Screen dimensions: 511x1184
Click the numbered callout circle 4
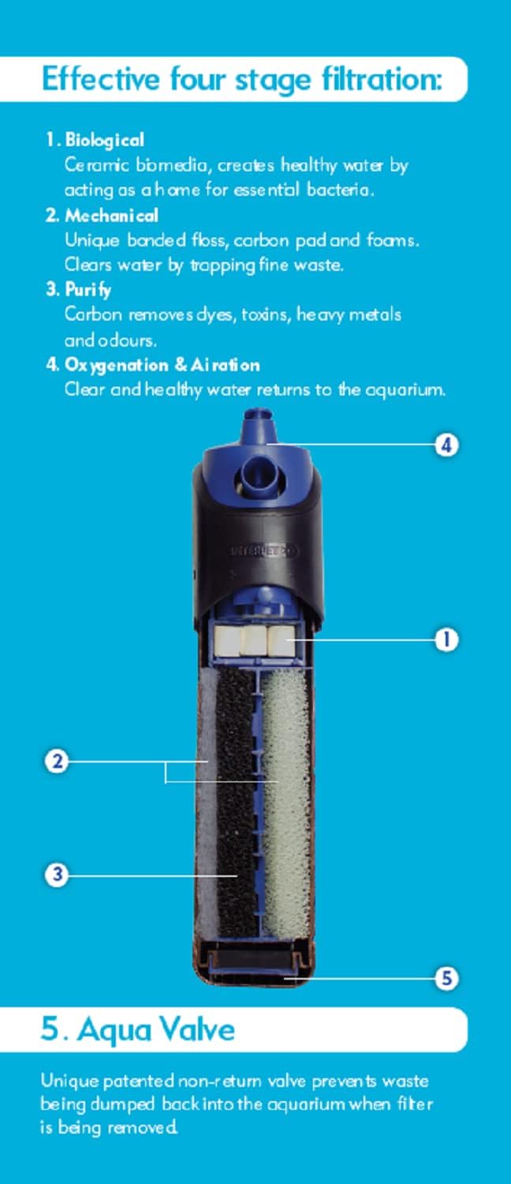click(446, 445)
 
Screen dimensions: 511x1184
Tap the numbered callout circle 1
click(446, 639)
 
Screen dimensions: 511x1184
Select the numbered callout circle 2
click(57, 762)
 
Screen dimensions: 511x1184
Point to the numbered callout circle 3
click(57, 875)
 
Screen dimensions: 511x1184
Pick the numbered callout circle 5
click(446, 978)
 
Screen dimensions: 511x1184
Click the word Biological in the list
click(105, 140)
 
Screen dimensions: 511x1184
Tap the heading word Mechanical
click(111, 215)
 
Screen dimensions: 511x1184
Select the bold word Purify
click(88, 290)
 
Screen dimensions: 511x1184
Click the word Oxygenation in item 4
click(116, 365)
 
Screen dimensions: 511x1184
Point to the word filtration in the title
click(382, 79)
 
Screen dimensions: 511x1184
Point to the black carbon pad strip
click(236, 804)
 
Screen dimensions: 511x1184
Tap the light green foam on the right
click(286, 804)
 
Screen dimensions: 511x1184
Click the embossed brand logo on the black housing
click(264, 551)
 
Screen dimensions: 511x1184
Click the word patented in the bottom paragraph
click(138, 1081)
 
